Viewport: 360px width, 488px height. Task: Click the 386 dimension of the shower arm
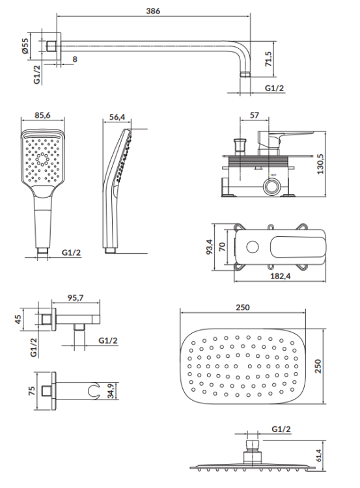pyautogui.click(x=153, y=11)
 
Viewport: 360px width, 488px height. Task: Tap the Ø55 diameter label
pyautogui.click(x=25, y=46)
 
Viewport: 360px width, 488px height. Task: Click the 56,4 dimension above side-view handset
pyautogui.click(x=117, y=116)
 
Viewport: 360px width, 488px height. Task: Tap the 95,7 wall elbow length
pyautogui.click(x=77, y=299)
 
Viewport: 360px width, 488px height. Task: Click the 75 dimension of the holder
pyautogui.click(x=25, y=391)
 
